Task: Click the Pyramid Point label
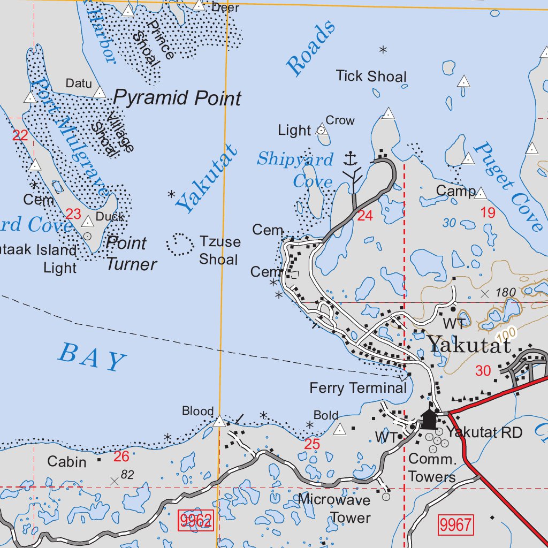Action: coord(177,98)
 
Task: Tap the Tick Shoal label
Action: coord(371,77)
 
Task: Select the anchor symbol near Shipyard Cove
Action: coord(350,158)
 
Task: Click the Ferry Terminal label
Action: coord(358,388)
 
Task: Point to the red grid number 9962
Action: coord(196,520)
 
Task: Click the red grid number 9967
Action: coord(456,524)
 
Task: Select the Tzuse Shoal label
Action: coord(219,250)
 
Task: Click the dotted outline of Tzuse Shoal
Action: coord(180,245)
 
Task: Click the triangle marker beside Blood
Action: coord(219,422)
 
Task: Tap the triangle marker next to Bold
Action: coord(339,429)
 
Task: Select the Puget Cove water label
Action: coord(508,186)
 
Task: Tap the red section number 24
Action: coord(364,216)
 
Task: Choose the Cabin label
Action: coord(66,461)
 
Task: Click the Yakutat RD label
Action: coord(484,432)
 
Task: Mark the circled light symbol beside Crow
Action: coord(321,130)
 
